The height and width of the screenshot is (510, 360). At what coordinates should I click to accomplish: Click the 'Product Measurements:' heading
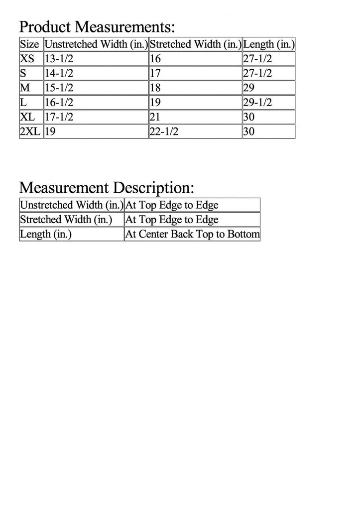pyautogui.click(x=97, y=26)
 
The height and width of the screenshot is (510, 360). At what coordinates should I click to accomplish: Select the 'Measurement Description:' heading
pyautogui.click(x=107, y=188)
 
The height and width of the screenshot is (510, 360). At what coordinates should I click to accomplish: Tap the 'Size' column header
pyautogui.click(x=29, y=44)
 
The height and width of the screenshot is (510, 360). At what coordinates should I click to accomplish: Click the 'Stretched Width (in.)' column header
pyautogui.click(x=195, y=44)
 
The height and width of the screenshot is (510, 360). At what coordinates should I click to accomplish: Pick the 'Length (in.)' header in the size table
pyautogui.click(x=269, y=44)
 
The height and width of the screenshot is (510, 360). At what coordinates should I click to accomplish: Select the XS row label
pyautogui.click(x=28, y=59)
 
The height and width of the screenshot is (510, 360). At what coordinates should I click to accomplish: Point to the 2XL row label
pyautogui.click(x=30, y=132)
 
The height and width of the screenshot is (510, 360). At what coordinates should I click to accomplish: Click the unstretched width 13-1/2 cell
pyautogui.click(x=59, y=59)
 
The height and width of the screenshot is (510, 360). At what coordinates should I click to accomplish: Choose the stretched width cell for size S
pyautogui.click(x=155, y=74)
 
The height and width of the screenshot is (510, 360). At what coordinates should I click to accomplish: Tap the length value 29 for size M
pyautogui.click(x=249, y=88)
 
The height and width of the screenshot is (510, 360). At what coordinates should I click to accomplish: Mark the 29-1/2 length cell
pyautogui.click(x=257, y=103)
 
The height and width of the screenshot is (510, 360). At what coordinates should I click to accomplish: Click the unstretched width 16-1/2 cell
pyautogui.click(x=59, y=103)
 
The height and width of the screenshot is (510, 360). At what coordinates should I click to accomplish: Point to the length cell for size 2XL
pyautogui.click(x=249, y=132)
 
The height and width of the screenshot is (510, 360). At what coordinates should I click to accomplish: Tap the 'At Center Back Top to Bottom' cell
pyautogui.click(x=192, y=234)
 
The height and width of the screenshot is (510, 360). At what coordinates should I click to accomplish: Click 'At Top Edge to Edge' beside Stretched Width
pyautogui.click(x=172, y=220)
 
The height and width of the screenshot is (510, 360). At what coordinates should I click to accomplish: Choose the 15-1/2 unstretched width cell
pyautogui.click(x=59, y=88)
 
